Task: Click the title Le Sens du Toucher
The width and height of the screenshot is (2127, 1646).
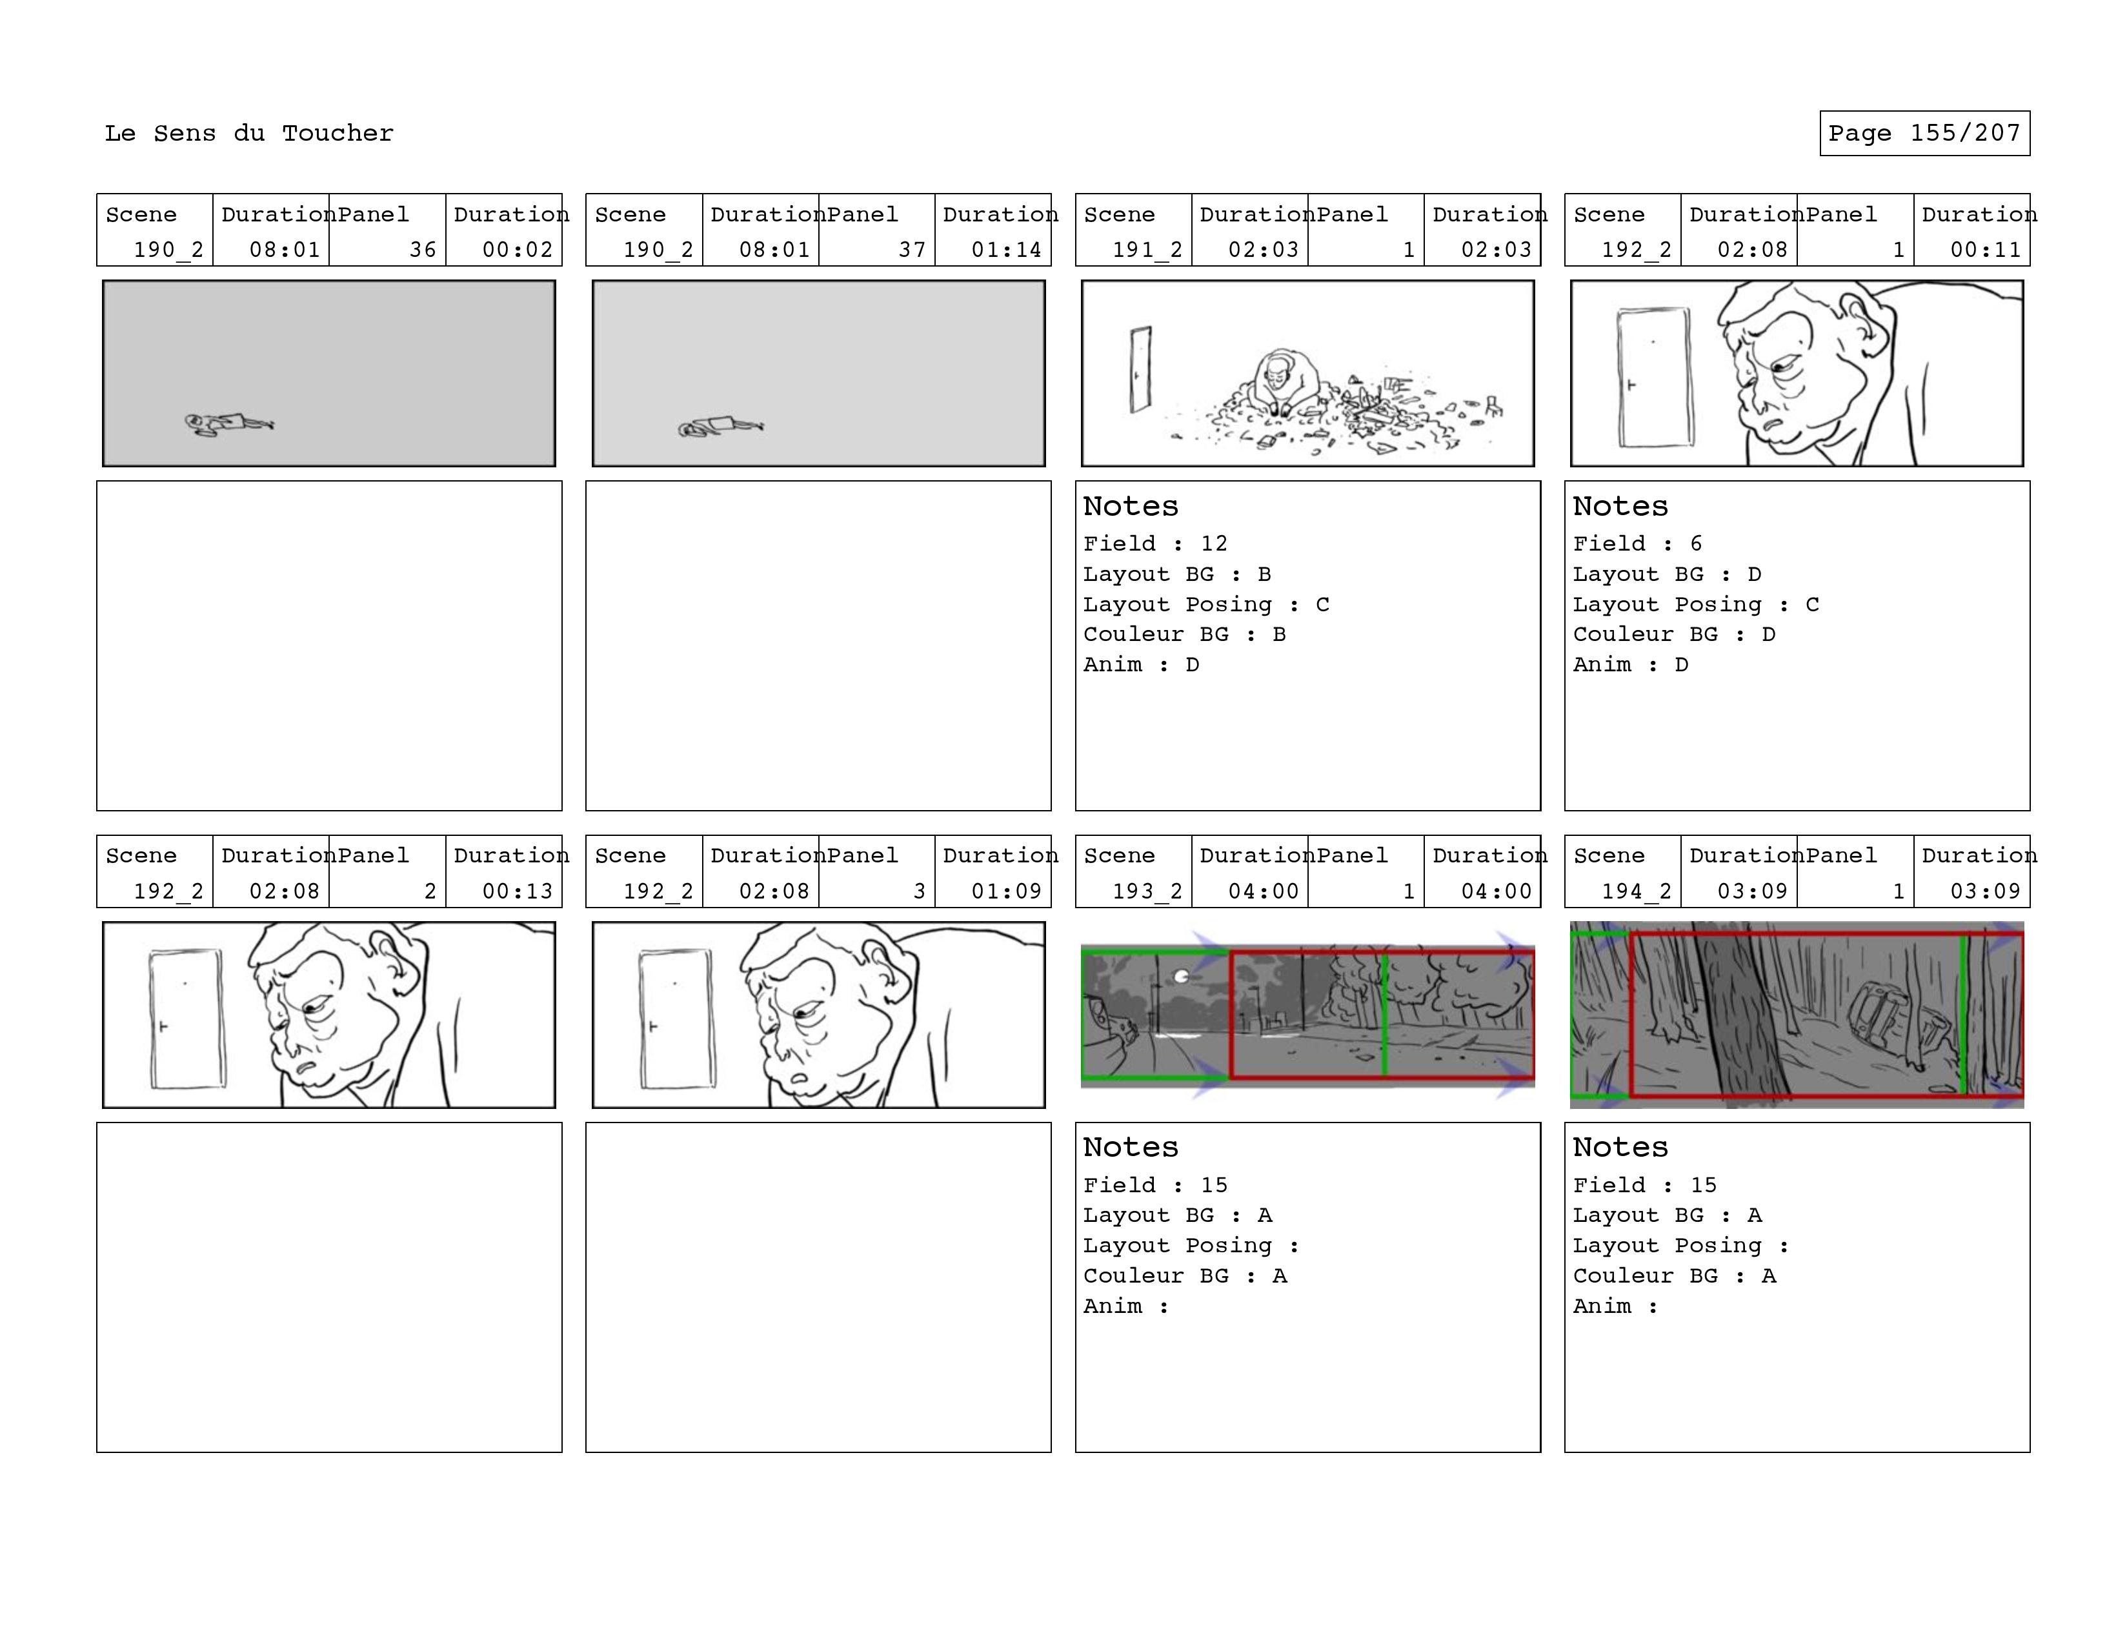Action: tap(249, 134)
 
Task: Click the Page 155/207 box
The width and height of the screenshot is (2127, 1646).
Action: tap(1924, 134)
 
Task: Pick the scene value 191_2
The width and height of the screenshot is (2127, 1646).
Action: tap(1147, 249)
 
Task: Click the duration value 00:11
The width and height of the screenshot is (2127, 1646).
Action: tap(1985, 249)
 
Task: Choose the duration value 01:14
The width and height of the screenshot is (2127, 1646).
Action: tap(1006, 249)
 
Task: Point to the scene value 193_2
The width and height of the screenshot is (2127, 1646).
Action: tap(1147, 891)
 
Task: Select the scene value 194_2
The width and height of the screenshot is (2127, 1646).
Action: tap(1637, 891)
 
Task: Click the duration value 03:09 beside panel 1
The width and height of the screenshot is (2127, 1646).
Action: tap(1985, 891)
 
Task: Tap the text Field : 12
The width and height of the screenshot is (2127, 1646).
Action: tap(1156, 544)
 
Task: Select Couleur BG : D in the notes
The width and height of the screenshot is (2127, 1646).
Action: tap(1674, 634)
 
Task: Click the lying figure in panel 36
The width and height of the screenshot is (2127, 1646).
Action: tap(230, 423)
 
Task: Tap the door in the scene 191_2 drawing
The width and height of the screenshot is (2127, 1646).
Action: tap(1140, 369)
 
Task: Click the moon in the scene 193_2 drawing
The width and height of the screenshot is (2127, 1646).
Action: tap(1182, 976)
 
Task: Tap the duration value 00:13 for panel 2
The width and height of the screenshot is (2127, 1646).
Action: tap(517, 891)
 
